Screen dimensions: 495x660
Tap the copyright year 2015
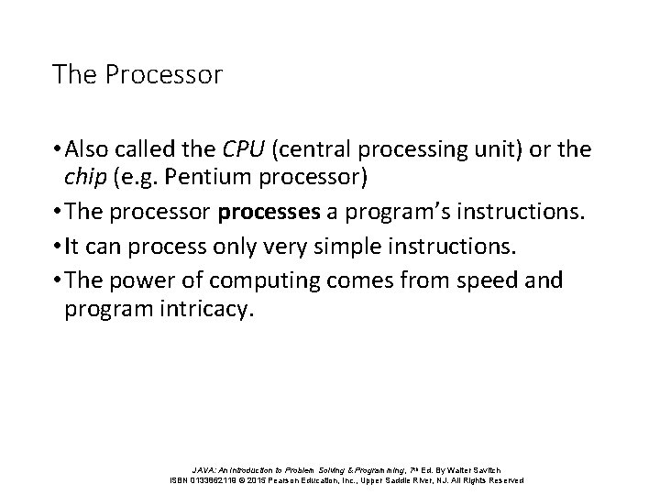(x=267, y=480)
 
